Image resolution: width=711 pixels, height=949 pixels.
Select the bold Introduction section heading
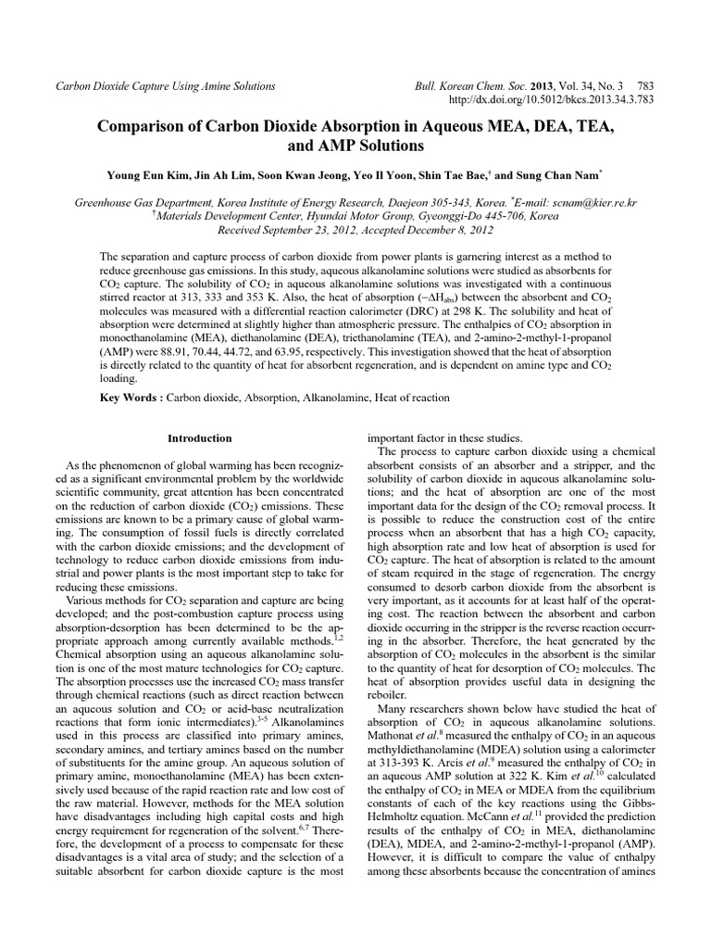200,437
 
